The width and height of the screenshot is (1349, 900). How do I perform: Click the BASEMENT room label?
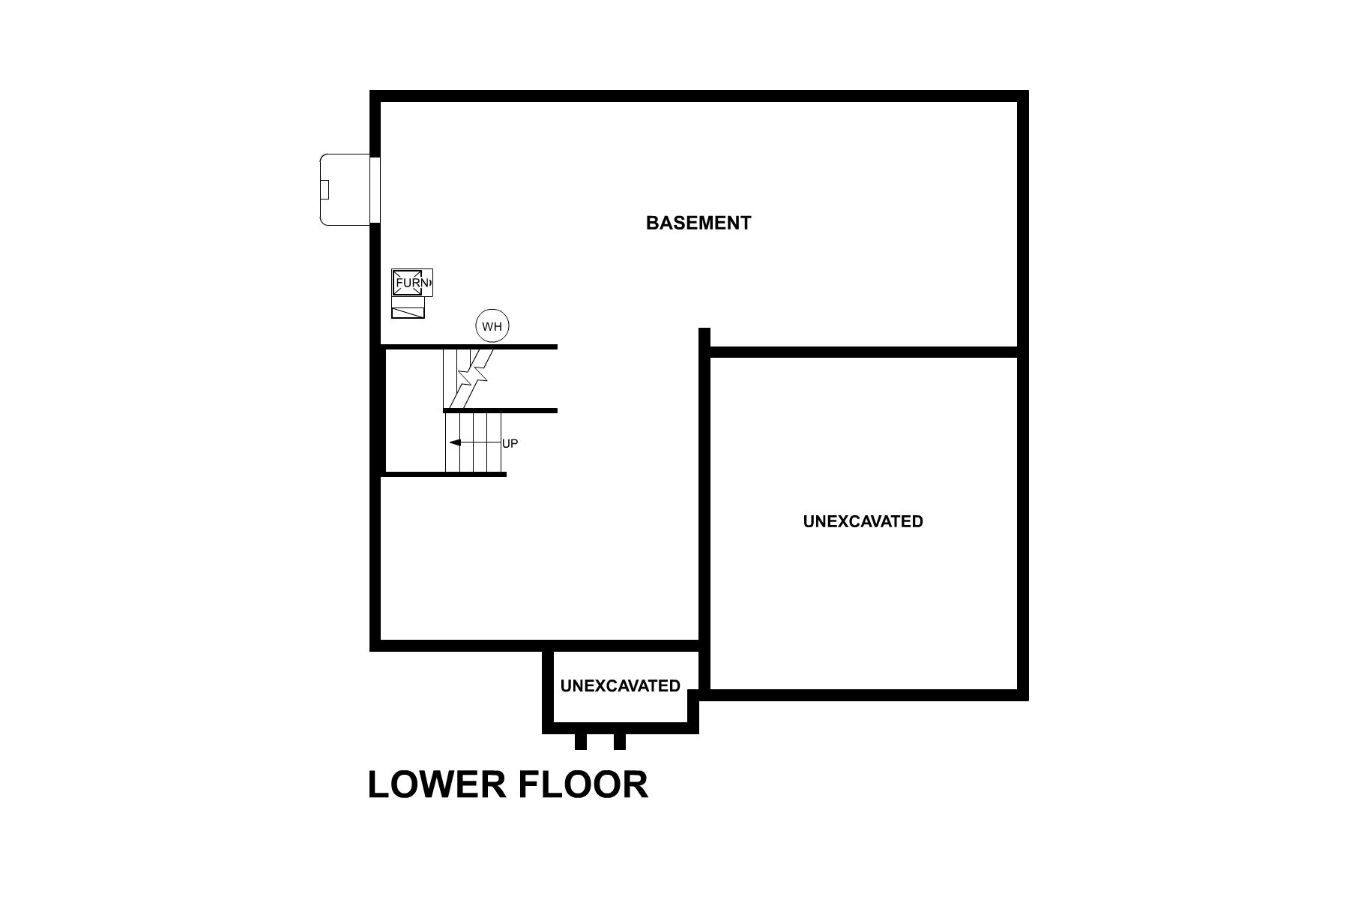click(x=698, y=223)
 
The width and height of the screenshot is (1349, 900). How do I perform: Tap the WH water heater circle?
click(x=492, y=326)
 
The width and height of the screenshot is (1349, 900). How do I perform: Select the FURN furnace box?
click(x=412, y=283)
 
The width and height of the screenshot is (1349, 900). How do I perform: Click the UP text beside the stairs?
click(x=510, y=443)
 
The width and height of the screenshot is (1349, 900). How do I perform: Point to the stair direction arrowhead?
click(x=454, y=442)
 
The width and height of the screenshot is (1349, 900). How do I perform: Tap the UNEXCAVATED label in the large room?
click(x=863, y=521)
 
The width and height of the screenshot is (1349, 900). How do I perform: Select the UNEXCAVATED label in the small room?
click(x=620, y=685)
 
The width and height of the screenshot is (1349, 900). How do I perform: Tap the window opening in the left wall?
click(x=375, y=189)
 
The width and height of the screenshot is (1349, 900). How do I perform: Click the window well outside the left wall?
click(x=345, y=189)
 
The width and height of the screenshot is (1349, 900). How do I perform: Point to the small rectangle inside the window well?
click(x=325, y=189)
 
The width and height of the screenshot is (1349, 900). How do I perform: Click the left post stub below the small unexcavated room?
click(x=580, y=741)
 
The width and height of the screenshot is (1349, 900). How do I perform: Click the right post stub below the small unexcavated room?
click(x=619, y=741)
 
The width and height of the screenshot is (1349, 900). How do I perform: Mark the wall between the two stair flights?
click(x=501, y=410)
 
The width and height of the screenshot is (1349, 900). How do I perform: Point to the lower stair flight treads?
click(x=474, y=442)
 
